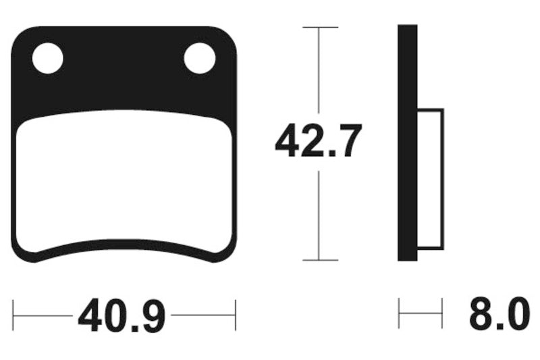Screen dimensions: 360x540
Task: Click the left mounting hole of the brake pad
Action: pos(47,58)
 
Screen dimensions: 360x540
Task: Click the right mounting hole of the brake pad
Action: pos(200,58)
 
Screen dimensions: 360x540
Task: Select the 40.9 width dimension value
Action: pos(122,315)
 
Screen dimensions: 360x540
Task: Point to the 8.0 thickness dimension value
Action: pos(496,315)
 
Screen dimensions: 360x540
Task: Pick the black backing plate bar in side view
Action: pos(407,143)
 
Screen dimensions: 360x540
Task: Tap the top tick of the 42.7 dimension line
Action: pos(319,28)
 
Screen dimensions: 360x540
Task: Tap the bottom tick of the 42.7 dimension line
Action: pos(319,259)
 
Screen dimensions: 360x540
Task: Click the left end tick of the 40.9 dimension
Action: pos(14,315)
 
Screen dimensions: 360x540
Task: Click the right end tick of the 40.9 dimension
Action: pos(235,315)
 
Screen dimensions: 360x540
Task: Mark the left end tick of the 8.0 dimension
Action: pos(400,315)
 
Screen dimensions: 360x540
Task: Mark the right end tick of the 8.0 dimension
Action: pos(442,315)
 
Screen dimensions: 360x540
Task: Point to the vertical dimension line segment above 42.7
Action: pos(319,74)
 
